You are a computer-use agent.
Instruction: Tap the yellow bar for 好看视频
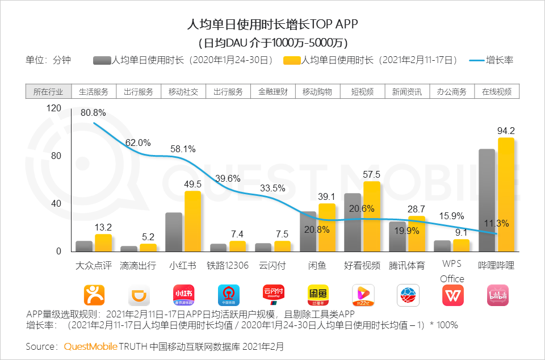pyautogui.click(x=371, y=216)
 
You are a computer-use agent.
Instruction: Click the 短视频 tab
pyautogui.click(x=362, y=91)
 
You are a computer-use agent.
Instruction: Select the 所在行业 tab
pyautogui.click(x=48, y=91)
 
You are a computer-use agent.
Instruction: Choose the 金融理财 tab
pyautogui.click(x=272, y=91)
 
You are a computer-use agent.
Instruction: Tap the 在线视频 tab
pyautogui.click(x=497, y=91)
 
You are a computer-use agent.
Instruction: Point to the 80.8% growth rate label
pyautogui.click(x=93, y=113)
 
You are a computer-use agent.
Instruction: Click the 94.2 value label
pyautogui.click(x=506, y=131)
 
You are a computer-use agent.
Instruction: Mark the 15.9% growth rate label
pyautogui.click(x=451, y=216)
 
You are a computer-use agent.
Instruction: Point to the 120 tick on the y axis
pyautogui.click(x=53, y=108)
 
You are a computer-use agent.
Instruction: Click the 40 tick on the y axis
pyautogui.click(x=56, y=204)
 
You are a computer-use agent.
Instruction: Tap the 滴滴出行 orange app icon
pyautogui.click(x=139, y=295)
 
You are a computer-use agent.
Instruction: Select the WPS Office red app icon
pyautogui.click(x=452, y=295)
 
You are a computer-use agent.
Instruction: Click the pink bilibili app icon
pyautogui.click(x=497, y=295)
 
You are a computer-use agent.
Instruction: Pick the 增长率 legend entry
pyautogui.click(x=492, y=60)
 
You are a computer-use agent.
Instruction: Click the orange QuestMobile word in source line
pyautogui.click(x=91, y=346)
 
